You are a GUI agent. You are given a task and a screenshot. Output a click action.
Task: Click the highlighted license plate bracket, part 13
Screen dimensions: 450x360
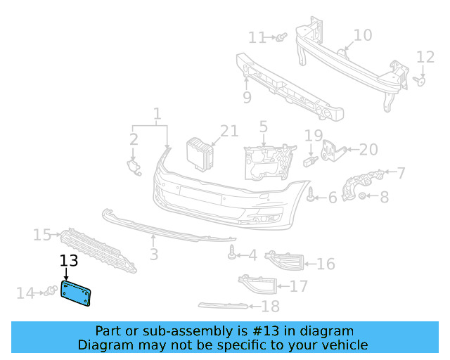[77, 293]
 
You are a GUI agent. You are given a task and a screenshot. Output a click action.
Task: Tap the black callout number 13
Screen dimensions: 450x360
[68, 262]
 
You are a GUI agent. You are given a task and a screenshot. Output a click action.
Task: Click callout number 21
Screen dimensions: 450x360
[229, 130]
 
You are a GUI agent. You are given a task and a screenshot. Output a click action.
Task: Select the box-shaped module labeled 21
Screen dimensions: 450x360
[199, 153]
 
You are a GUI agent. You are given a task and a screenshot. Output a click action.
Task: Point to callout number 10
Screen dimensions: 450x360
[362, 35]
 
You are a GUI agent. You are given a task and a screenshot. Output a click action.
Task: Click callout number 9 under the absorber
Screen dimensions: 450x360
[247, 98]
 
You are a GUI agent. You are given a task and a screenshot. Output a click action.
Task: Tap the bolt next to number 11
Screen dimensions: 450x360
[281, 36]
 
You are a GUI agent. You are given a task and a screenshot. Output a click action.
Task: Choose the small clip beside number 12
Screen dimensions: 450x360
[421, 82]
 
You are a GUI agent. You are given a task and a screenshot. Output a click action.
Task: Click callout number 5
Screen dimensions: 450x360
[263, 127]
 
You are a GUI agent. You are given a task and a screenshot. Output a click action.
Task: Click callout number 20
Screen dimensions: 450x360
[368, 149]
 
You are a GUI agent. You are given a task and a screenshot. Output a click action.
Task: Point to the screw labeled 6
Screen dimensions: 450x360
[311, 198]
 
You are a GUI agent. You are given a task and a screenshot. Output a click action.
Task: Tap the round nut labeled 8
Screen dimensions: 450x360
[363, 197]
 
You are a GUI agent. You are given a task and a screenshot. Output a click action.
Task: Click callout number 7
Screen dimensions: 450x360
[401, 172]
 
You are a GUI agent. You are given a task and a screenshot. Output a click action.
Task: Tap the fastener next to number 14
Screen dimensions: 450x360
[50, 291]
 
